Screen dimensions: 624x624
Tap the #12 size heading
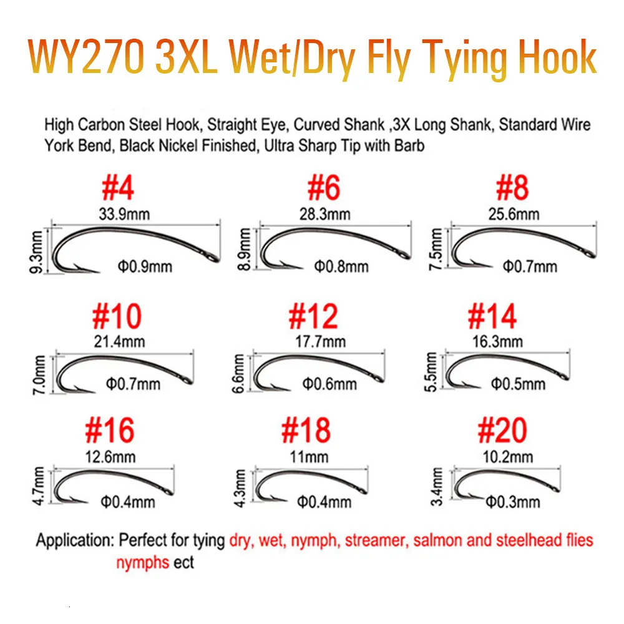click(x=313, y=316)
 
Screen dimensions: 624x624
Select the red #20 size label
click(x=502, y=430)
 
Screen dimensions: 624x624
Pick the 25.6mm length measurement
click(x=513, y=214)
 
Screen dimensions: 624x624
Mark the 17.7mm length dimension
click(x=321, y=341)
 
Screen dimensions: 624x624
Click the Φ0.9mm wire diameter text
click(x=144, y=268)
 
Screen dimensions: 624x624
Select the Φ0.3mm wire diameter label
click(x=512, y=500)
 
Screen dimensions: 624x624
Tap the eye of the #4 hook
click(x=215, y=258)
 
